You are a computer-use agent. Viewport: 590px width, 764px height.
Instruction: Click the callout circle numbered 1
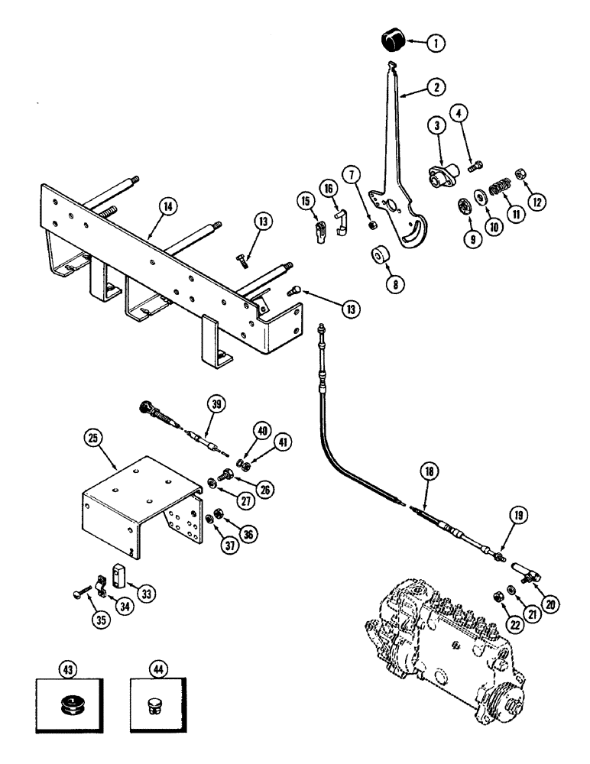point(434,44)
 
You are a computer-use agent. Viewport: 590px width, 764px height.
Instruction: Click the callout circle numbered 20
point(552,603)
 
